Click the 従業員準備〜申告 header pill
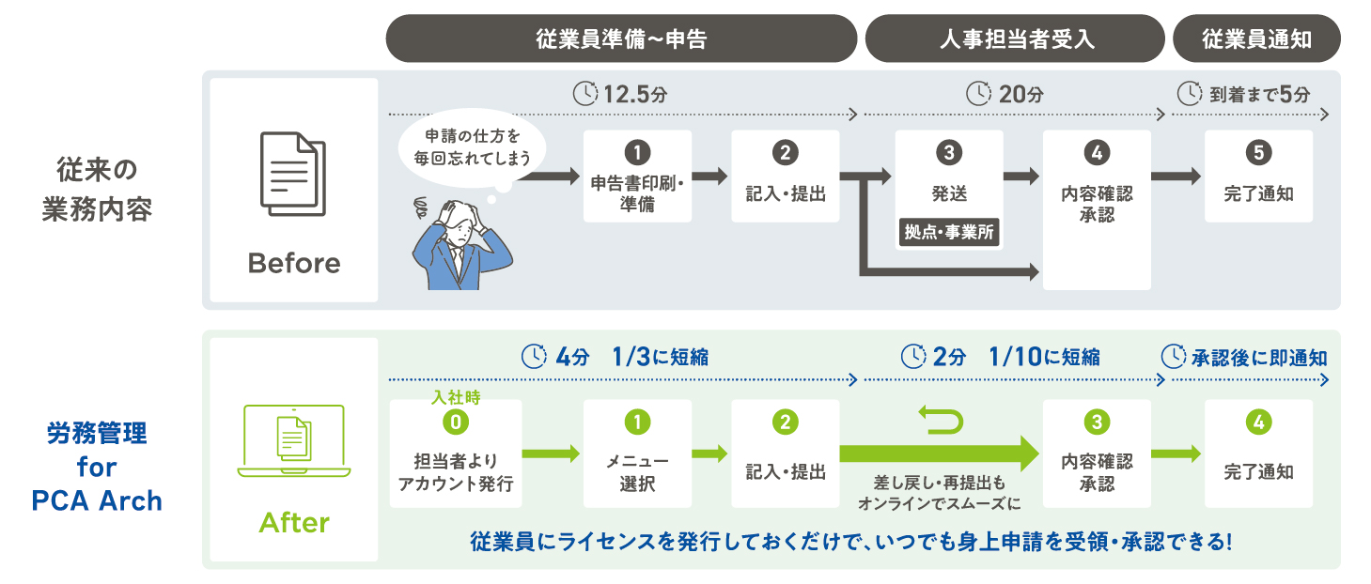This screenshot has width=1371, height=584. point(621,38)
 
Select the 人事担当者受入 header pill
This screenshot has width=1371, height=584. point(1015,38)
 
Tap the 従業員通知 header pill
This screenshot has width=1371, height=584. point(1256,38)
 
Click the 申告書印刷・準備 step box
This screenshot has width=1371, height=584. point(637,177)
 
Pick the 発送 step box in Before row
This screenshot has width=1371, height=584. point(949,178)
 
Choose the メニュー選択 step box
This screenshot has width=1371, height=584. point(637,454)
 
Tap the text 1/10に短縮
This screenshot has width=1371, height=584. point(1044,357)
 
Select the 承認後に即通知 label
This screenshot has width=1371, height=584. point(1246,358)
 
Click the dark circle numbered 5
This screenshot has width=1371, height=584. point(1258,152)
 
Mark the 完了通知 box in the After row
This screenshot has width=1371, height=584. point(1258,454)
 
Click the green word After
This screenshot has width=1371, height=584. point(294,522)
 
